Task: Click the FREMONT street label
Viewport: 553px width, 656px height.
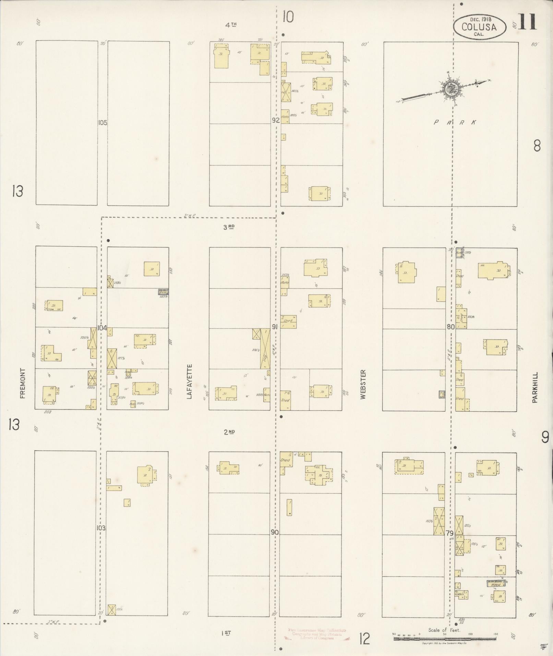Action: click(23, 383)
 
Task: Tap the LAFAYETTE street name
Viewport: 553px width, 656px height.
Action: click(189, 382)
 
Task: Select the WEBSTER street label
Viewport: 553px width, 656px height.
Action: click(363, 384)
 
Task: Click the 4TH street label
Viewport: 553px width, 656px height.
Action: click(231, 24)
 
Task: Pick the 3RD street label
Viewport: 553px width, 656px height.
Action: click(229, 227)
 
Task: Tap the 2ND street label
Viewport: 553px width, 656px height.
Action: click(229, 432)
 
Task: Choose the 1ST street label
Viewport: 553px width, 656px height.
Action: click(226, 633)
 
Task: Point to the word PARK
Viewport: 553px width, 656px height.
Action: click(455, 122)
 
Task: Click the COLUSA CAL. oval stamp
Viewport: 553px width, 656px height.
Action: click(479, 26)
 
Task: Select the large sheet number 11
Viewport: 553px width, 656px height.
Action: click(527, 22)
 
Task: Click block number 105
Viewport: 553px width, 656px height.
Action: click(103, 123)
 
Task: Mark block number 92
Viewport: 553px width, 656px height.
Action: click(276, 120)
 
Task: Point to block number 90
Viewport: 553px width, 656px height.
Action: click(275, 542)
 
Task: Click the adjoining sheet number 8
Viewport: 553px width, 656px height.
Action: click(537, 146)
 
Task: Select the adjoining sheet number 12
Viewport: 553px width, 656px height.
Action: click(365, 639)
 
